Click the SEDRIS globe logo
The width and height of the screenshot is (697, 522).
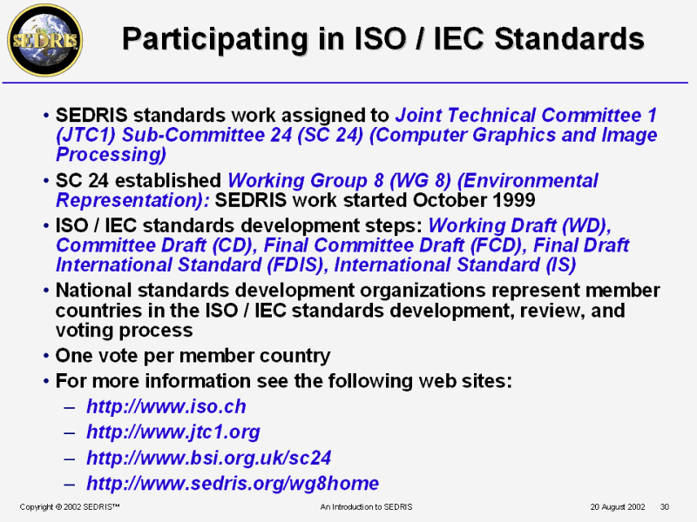point(45,40)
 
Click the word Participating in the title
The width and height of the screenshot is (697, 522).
point(215,39)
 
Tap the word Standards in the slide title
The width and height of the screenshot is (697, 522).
point(569,38)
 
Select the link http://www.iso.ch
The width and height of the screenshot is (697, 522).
point(166,406)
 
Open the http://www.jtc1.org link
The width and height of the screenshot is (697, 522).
point(173,432)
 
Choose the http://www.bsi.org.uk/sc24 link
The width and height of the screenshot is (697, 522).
point(209,458)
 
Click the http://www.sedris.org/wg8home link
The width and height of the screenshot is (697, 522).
point(233,484)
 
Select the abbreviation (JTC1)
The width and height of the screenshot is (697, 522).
point(85,135)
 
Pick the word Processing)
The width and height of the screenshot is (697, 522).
point(111,155)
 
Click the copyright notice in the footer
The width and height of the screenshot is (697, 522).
point(70,506)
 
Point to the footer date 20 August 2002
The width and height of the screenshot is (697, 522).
point(618,506)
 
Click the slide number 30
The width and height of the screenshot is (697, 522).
point(665,506)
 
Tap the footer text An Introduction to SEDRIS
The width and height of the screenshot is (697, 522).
point(366,506)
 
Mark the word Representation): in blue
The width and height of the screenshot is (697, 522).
point(133,200)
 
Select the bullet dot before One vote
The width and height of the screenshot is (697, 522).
point(46,357)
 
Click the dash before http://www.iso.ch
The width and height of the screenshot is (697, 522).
point(70,407)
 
